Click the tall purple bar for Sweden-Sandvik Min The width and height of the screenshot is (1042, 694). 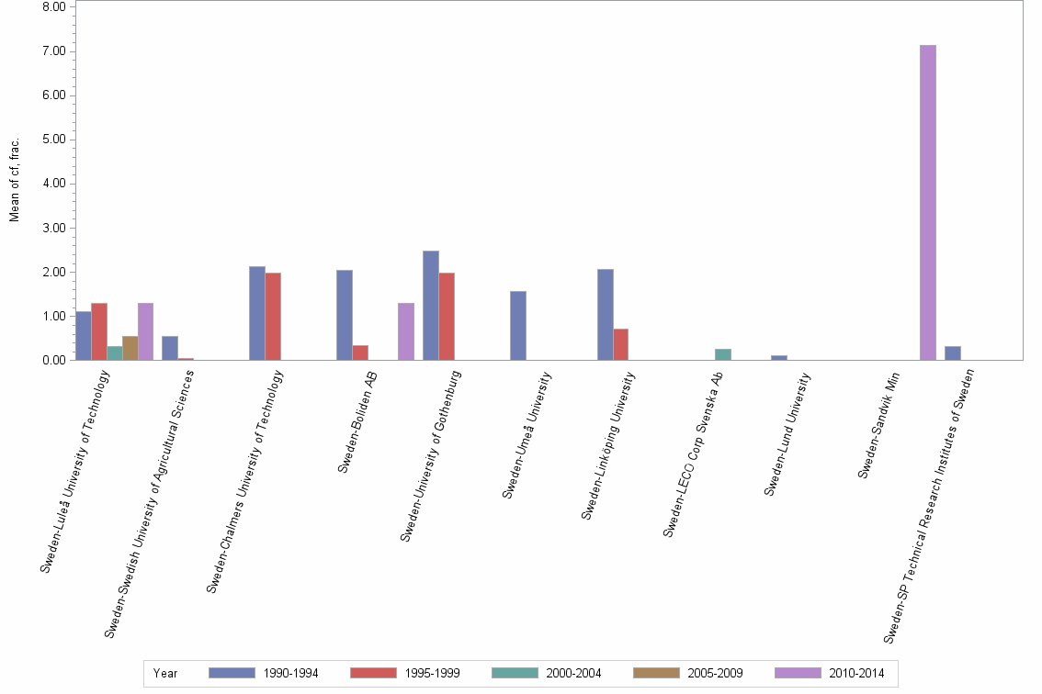pyautogui.click(x=927, y=202)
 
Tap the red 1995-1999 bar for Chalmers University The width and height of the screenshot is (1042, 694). pyautogui.click(x=273, y=316)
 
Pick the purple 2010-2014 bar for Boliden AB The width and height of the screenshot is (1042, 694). pyautogui.click(x=406, y=331)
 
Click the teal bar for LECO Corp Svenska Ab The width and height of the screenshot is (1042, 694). pyautogui.click(x=723, y=354)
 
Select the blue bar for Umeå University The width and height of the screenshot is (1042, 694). pyautogui.click(x=518, y=326)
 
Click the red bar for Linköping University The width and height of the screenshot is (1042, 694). pyautogui.click(x=621, y=344)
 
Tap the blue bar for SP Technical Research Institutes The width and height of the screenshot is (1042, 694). pyautogui.click(x=953, y=353)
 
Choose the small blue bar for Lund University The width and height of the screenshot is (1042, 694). pyautogui.click(x=779, y=358)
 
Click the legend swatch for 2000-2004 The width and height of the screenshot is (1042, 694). pyautogui.click(x=515, y=673)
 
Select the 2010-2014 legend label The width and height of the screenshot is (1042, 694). pyautogui.click(x=856, y=673)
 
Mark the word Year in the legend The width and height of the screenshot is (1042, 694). pyautogui.click(x=166, y=673)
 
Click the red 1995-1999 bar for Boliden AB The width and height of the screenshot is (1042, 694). pyautogui.click(x=360, y=353)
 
